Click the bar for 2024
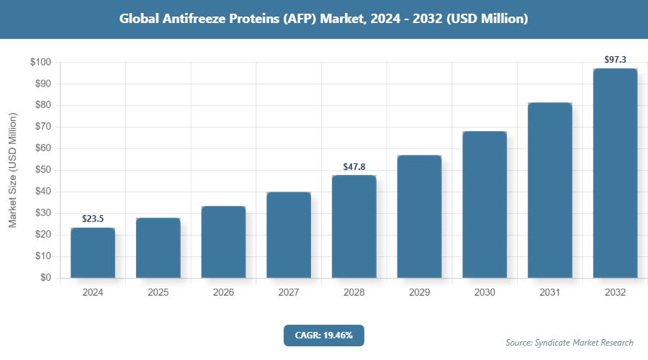(93, 253)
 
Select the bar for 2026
(223, 242)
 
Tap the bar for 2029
(419, 217)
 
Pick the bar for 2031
(550, 190)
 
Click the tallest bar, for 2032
(615, 174)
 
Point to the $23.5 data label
(93, 218)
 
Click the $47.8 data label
(354, 166)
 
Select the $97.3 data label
(615, 59)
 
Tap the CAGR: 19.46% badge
(324, 335)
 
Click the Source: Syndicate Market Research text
(570, 342)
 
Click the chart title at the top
(324, 19)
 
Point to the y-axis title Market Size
(12, 170)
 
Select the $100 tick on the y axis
(40, 63)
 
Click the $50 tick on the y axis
(42, 171)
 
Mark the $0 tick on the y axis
(45, 278)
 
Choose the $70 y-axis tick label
(42, 127)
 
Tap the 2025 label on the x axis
(158, 292)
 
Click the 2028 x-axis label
(354, 292)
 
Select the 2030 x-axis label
(485, 292)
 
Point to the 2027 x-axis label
(289, 292)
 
